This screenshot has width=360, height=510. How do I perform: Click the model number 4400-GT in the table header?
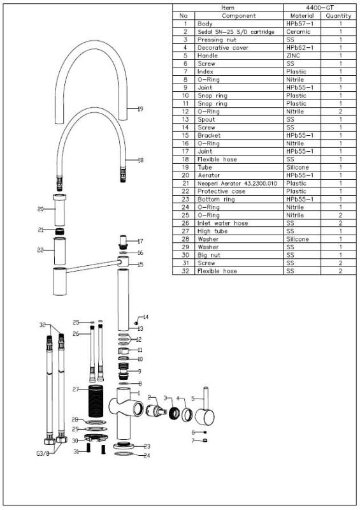point(317,7)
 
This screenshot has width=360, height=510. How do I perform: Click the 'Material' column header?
point(301,15)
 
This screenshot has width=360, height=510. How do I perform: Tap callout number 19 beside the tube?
point(140,109)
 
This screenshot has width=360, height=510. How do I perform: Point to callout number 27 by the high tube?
point(75,389)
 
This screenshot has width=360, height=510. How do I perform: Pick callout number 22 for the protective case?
point(40,250)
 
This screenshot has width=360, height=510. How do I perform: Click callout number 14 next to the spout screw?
point(145,317)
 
